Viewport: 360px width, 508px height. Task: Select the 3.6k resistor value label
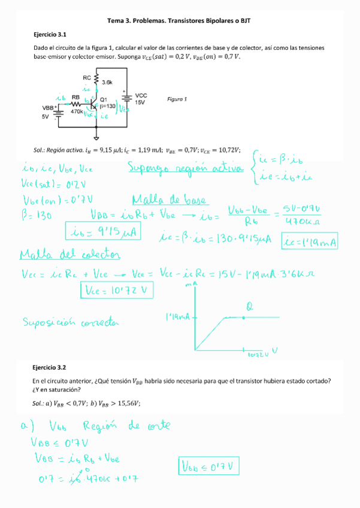coord(108,82)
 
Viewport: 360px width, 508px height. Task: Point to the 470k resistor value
coord(77,111)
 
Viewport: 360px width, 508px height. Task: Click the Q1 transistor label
coord(104,99)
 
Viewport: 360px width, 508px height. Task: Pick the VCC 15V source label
coord(141,99)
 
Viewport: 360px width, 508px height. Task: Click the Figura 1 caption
coord(177,99)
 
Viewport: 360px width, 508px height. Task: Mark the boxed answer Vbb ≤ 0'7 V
coord(210,465)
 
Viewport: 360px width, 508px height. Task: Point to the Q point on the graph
coord(244,316)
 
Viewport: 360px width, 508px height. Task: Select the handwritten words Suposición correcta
coord(71,323)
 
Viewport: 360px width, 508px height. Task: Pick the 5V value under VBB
coord(45,117)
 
